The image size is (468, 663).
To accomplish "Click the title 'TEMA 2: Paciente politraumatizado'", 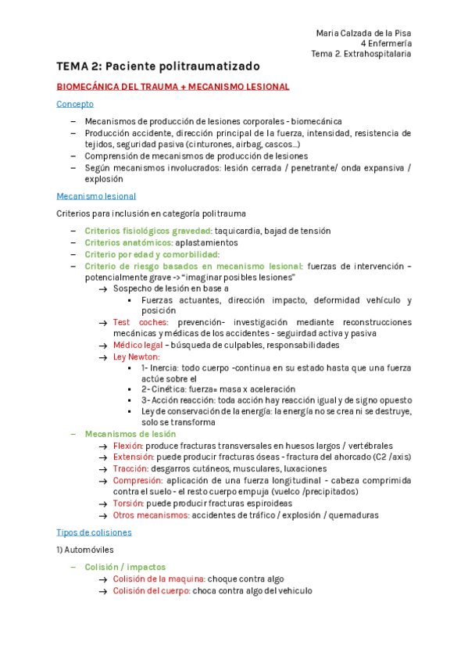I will tap(158, 66).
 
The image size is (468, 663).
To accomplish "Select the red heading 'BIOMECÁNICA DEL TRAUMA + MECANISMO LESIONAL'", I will tap(173, 87).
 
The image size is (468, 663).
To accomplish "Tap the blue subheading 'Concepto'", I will tap(75, 103).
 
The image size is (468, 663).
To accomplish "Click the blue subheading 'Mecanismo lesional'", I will tap(96, 196).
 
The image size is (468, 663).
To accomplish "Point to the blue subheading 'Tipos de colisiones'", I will tap(94, 532).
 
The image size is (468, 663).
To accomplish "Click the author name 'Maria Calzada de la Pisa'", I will tap(363, 33).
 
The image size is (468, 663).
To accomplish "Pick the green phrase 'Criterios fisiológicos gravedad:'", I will tap(148, 231).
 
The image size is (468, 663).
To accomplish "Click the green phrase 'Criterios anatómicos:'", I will tap(128, 242).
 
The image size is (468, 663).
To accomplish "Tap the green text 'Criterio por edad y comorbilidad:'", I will tap(152, 254).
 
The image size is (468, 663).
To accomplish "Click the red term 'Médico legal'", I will tap(138, 345).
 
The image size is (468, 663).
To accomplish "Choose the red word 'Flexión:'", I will tap(130, 446).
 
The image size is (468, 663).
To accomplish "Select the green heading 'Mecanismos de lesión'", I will tap(130, 434).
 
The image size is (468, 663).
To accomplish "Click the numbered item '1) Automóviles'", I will tap(84, 550).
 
